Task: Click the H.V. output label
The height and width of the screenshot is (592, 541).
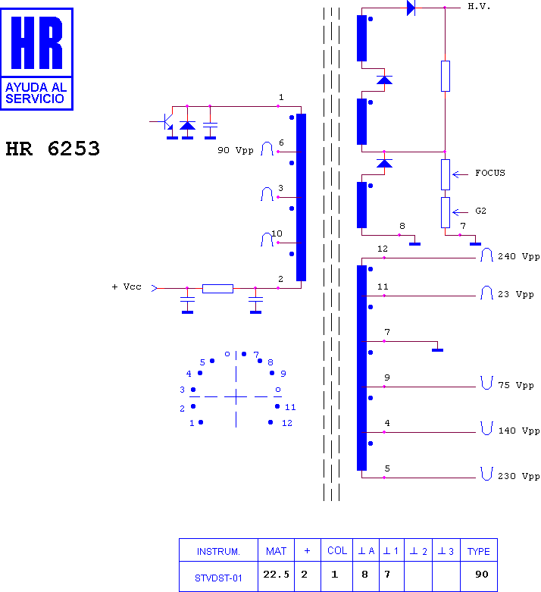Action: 479,6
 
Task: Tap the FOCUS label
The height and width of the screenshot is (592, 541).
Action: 490,173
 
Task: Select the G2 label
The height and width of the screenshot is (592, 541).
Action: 480,211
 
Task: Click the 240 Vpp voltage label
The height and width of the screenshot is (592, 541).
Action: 519,256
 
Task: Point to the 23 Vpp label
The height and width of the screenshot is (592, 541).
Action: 516,294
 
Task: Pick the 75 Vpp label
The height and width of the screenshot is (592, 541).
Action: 516,385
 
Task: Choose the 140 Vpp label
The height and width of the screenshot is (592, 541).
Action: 519,431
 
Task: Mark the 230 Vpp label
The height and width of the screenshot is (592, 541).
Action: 519,476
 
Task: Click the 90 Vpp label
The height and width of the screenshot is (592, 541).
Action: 235,150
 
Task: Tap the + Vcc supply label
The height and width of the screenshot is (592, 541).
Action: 127,287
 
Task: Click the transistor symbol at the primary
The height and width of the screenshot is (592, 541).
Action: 165,122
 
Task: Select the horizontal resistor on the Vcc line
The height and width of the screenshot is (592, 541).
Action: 217,289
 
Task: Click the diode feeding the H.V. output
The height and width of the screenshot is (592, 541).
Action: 411,8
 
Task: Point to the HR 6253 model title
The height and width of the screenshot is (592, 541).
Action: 53,149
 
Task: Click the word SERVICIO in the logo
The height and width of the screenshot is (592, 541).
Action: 35,99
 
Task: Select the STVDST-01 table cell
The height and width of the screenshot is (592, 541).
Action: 218,578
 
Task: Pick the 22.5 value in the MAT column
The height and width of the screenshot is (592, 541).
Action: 276,575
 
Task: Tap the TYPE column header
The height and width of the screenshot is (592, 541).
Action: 478,552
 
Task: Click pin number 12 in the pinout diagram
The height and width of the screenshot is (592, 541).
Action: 287,423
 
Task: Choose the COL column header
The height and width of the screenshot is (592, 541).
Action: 337,551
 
